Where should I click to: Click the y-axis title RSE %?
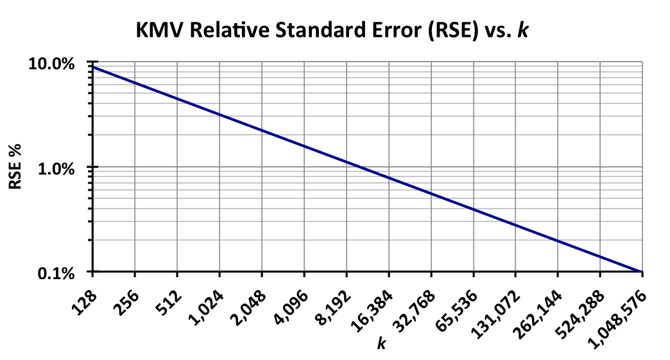14,168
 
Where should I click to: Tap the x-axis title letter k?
381,345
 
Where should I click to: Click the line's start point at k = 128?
93,67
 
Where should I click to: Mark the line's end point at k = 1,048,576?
642,272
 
